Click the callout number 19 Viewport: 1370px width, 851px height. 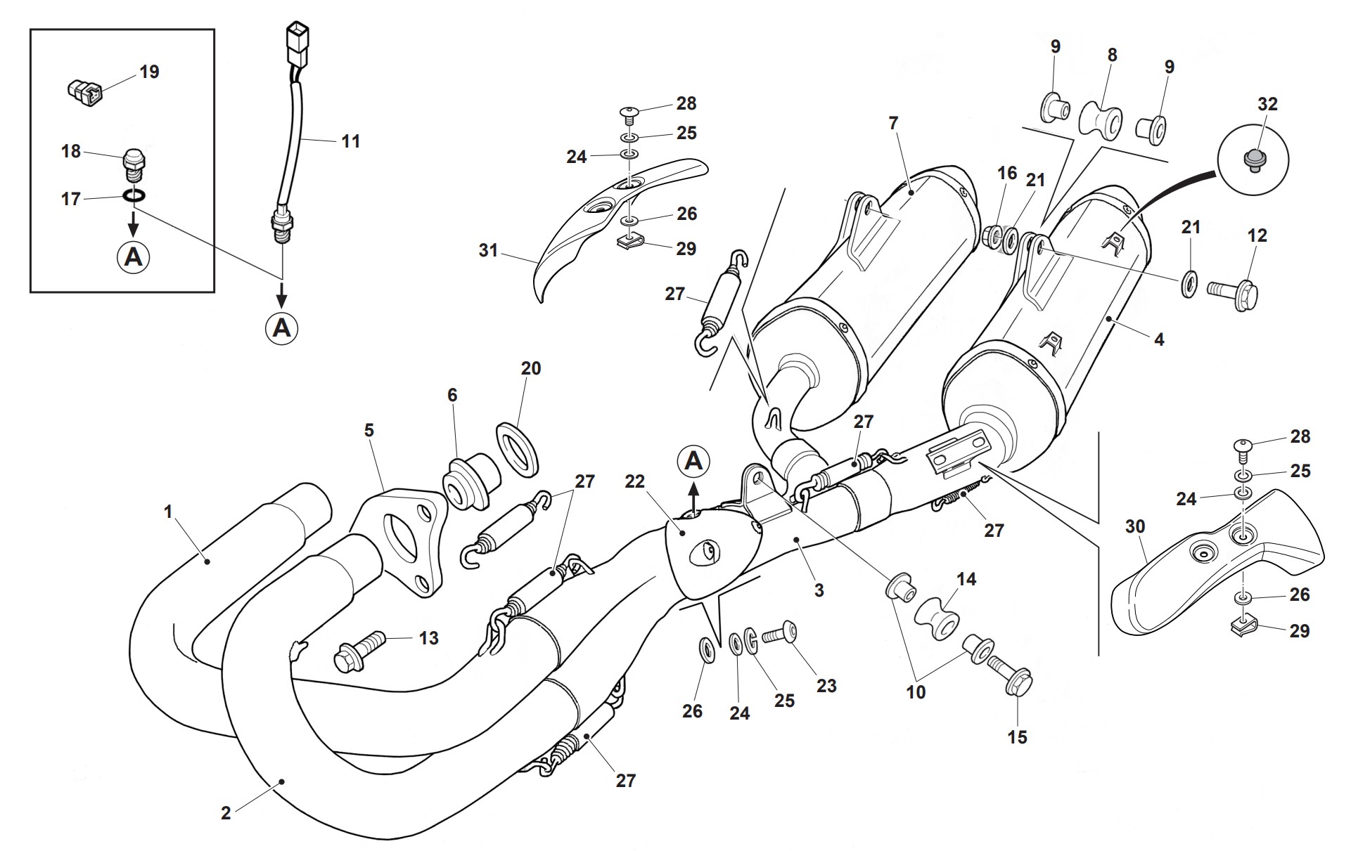click(x=149, y=72)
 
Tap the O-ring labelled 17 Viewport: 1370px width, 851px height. click(x=134, y=195)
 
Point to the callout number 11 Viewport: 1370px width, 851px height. click(x=350, y=141)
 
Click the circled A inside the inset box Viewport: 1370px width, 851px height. click(x=133, y=257)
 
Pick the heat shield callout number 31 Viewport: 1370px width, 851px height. click(x=488, y=250)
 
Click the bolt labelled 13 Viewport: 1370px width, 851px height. click(x=361, y=645)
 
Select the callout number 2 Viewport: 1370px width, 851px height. click(x=226, y=813)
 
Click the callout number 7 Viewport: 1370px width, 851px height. click(x=893, y=124)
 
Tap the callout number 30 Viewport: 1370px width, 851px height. click(x=1135, y=526)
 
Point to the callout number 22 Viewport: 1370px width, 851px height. click(x=634, y=481)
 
